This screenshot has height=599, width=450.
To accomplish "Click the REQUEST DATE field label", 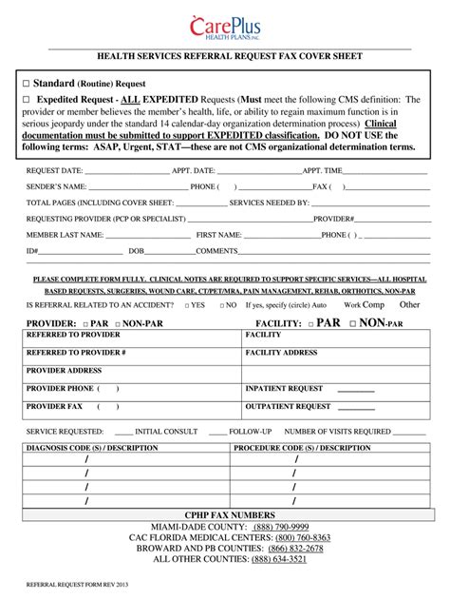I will pos(54,170).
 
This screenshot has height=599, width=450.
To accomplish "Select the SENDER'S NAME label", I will pos(56,186).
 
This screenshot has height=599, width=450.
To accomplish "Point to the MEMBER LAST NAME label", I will pos(65,234).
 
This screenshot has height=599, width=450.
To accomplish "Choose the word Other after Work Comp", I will pos(409,305).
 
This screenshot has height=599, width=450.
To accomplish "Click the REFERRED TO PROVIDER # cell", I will pos(76,353).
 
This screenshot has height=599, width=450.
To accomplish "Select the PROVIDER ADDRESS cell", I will pos(64,371).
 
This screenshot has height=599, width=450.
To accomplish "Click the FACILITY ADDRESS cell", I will pos(281,353).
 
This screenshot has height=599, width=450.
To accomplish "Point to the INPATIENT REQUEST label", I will pos(284,389).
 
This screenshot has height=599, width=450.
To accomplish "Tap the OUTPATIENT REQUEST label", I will pos(288,407).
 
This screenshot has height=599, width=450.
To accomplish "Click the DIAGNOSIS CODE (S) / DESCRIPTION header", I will pos(92,447).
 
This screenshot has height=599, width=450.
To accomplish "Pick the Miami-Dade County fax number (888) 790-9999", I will pos(280,527).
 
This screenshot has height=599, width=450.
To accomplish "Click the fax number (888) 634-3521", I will pos(279,560).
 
